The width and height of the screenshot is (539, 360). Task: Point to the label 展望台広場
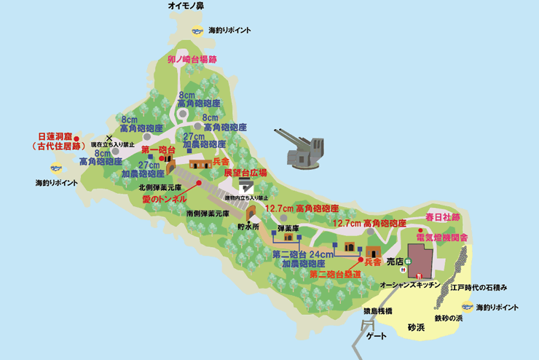(245, 173)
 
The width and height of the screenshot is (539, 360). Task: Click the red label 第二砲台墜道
(334, 275)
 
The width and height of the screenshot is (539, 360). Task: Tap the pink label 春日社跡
(443, 217)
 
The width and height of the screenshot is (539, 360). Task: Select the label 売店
(394, 260)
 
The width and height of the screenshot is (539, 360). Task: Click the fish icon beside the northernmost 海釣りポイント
(197, 31)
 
